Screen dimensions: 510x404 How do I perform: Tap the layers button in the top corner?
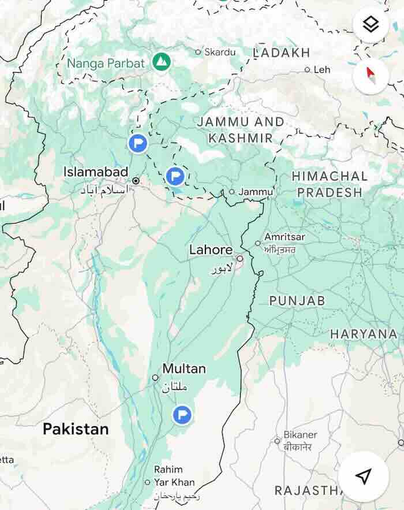click(x=371, y=24)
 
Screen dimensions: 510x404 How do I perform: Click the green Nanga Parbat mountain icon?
click(x=162, y=62)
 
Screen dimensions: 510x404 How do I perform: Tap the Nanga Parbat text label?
click(x=106, y=63)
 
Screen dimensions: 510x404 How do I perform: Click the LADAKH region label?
click(x=282, y=53)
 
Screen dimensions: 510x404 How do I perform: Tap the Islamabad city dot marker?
click(x=136, y=181)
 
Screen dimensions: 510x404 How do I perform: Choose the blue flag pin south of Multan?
click(x=182, y=414)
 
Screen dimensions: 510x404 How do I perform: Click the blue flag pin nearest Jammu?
click(x=175, y=176)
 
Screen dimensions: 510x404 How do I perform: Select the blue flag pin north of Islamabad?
click(x=137, y=143)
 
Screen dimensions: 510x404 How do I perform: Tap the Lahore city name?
click(x=211, y=250)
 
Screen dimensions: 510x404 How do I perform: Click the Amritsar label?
click(x=285, y=237)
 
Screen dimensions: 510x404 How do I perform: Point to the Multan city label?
click(x=184, y=368)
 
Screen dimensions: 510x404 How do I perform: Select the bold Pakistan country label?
click(x=76, y=429)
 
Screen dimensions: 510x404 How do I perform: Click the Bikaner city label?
click(x=300, y=434)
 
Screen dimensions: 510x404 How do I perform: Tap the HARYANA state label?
click(x=364, y=334)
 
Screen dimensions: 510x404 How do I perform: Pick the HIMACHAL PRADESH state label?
click(x=329, y=184)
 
